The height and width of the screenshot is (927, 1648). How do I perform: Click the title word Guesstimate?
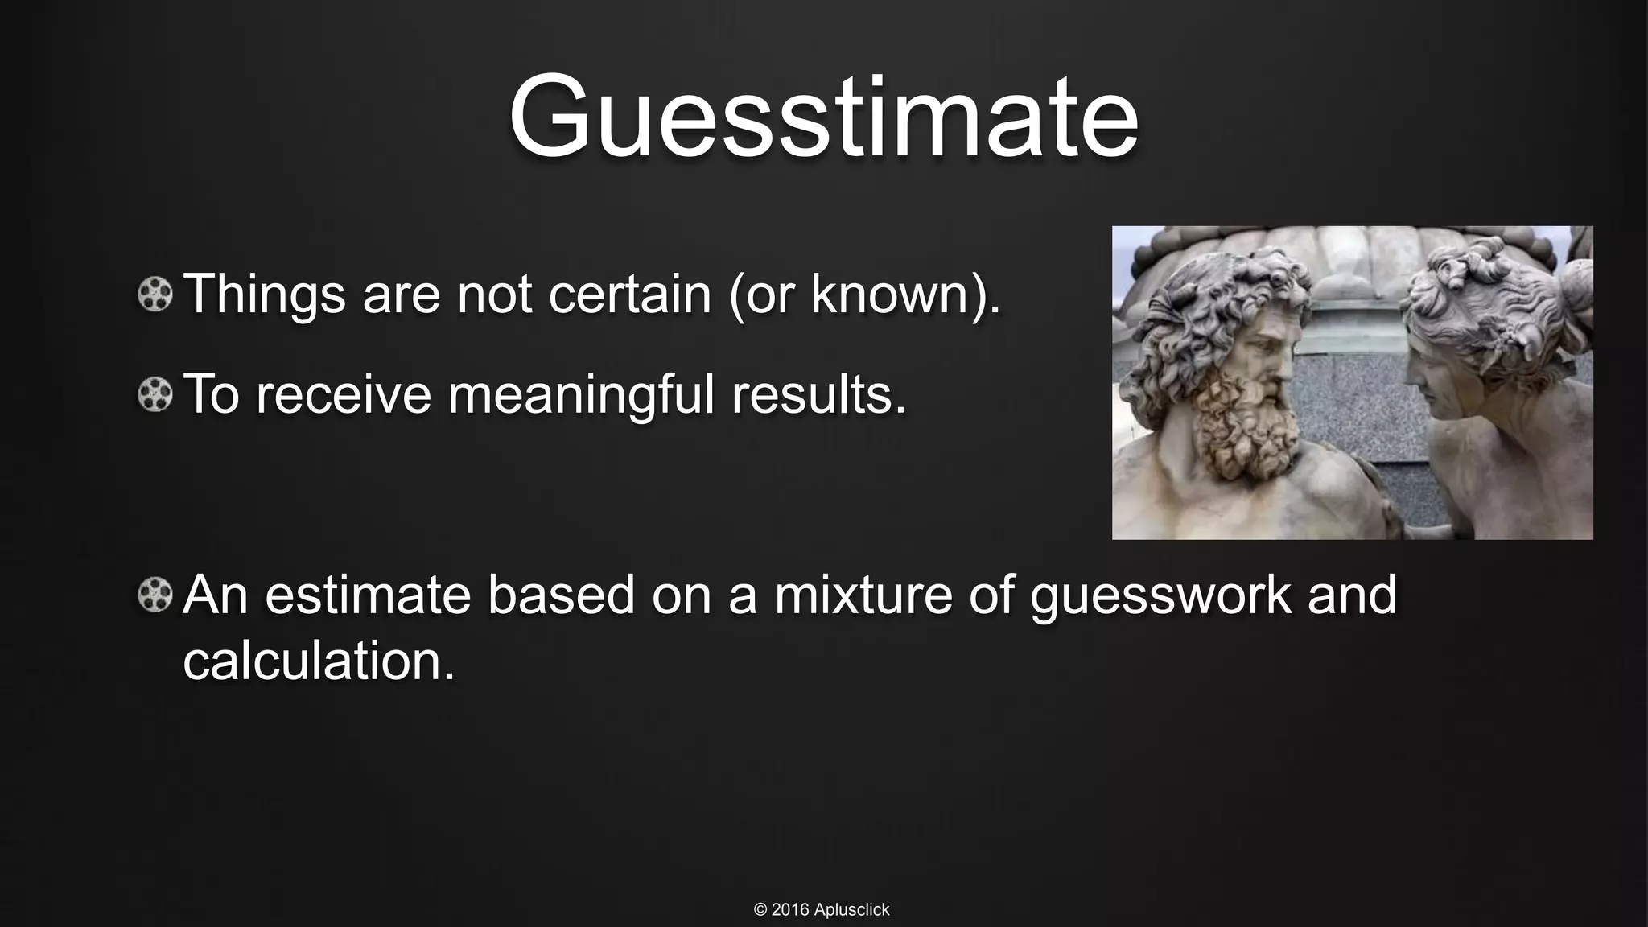(x=823, y=118)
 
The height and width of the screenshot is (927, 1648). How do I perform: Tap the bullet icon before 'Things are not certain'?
(x=155, y=295)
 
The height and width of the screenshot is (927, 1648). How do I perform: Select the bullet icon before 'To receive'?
(x=155, y=395)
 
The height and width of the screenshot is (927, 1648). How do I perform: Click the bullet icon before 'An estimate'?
(x=155, y=596)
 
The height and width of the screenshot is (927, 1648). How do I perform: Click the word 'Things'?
(x=264, y=295)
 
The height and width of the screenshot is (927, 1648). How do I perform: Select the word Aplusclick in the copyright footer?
(x=851, y=910)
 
